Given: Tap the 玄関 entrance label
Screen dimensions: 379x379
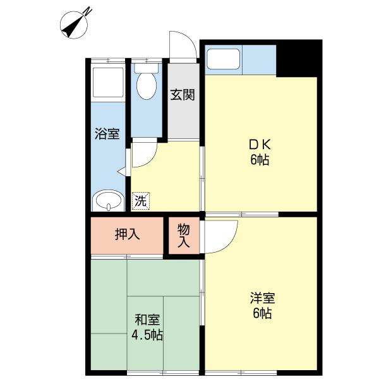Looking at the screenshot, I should click(182, 95).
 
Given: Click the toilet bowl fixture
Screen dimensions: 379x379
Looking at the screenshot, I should click(147, 85).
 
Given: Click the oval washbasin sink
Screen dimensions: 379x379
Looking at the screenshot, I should click(108, 202).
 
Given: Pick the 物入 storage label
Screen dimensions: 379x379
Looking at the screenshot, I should click(183, 234).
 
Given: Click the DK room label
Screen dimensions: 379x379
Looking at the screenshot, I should click(259, 144).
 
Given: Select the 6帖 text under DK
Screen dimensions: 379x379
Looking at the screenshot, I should click(259, 160).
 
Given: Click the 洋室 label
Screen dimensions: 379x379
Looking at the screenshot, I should click(260, 298).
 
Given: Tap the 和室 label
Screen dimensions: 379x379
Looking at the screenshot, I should click(147, 319).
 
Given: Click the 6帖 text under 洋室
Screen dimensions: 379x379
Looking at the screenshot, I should click(260, 313).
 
